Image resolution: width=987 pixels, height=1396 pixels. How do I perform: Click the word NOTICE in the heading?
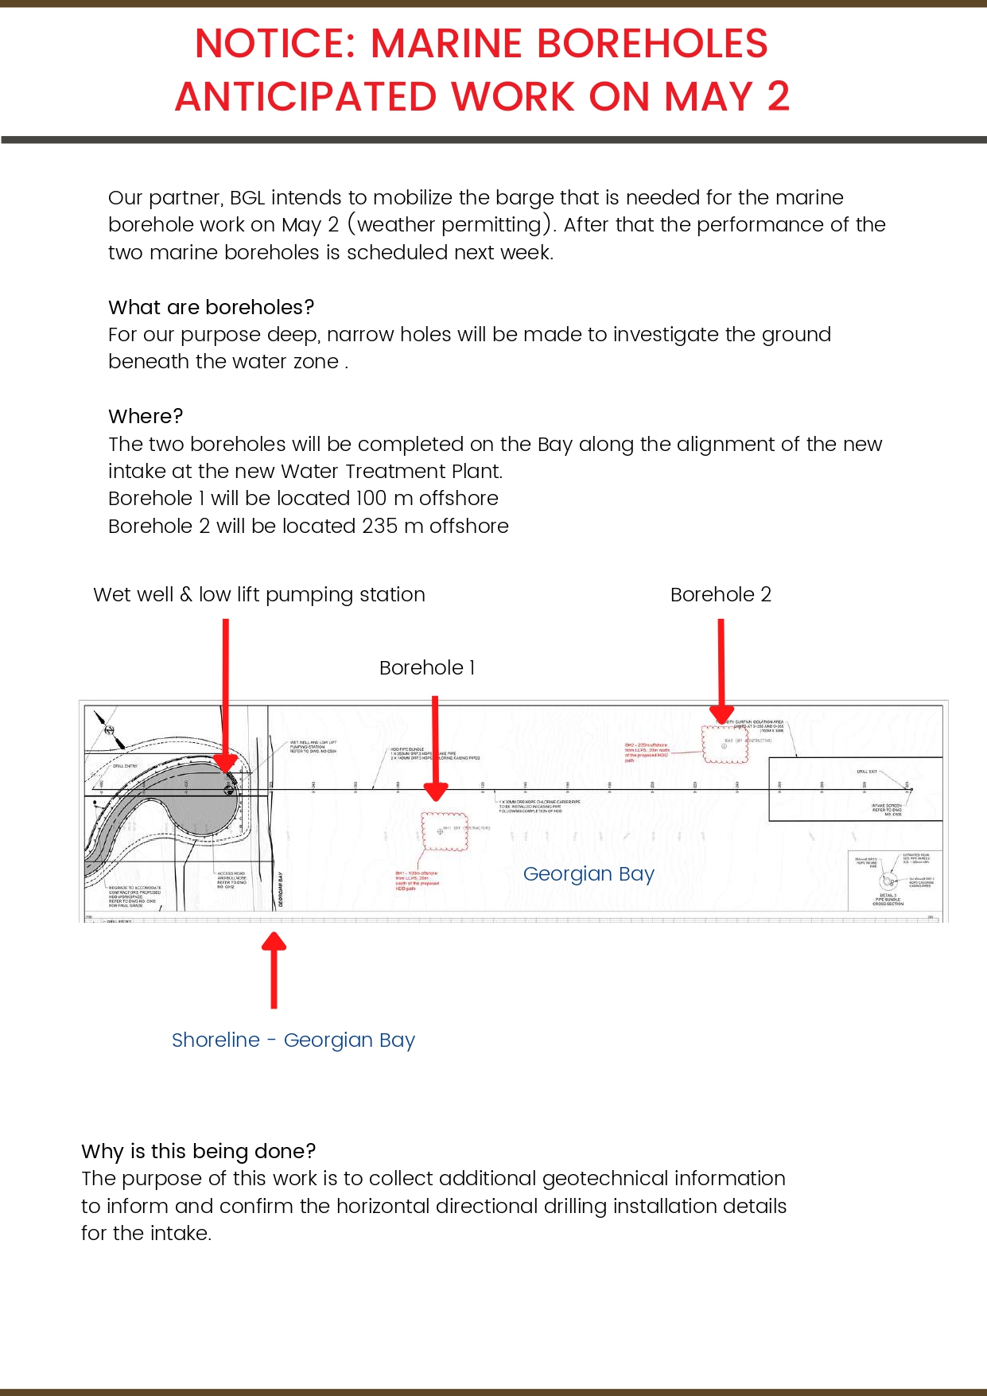[x=275, y=45]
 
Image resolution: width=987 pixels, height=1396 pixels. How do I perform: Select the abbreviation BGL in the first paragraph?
[x=247, y=198]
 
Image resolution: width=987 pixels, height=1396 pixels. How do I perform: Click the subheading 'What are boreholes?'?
[x=211, y=308]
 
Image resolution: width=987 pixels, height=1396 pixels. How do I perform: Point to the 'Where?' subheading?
[x=146, y=417]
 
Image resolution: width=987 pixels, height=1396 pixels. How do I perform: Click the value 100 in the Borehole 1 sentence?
[x=371, y=499]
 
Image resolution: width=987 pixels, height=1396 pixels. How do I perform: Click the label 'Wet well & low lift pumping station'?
[x=258, y=595]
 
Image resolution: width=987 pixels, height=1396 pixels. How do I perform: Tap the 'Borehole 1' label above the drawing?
[x=426, y=668]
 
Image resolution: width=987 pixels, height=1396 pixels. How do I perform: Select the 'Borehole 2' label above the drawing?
[x=721, y=595]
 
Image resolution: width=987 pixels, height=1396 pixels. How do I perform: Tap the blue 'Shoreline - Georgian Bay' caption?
[x=293, y=1040]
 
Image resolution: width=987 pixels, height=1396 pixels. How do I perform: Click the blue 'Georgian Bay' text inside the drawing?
[x=589, y=874]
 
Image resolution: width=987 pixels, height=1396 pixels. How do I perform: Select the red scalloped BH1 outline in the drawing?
[x=444, y=832]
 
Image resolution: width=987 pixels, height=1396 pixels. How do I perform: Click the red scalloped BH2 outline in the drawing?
[x=725, y=745]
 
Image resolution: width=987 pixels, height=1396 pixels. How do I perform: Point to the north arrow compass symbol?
[x=109, y=730]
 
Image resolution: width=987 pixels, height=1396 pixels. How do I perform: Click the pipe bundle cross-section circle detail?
[x=888, y=881]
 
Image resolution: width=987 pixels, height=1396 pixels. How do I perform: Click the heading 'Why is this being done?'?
[x=198, y=1152]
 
